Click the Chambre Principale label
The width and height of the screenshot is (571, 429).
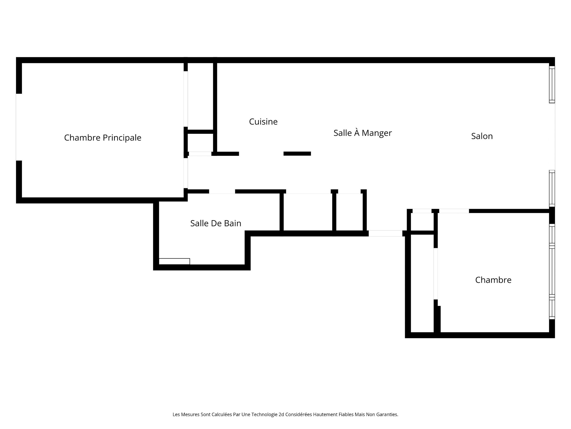click(103, 138)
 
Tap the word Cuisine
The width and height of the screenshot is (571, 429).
click(263, 122)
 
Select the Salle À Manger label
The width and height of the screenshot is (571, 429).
click(363, 133)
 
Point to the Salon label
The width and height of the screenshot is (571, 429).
click(482, 136)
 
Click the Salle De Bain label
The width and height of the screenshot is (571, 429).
click(216, 223)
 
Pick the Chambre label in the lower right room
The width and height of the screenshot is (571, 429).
click(493, 280)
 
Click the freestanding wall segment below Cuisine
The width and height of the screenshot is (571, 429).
click(297, 154)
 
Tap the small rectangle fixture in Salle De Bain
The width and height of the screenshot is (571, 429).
click(174, 261)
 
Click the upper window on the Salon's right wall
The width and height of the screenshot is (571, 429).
click(552, 85)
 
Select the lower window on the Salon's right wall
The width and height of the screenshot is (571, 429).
click(552, 188)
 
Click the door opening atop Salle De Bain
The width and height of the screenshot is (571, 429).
click(222, 192)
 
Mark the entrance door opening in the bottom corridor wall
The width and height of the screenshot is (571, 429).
click(385, 234)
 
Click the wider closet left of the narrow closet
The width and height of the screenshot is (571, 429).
click(308, 212)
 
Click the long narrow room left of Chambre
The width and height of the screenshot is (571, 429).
click(422, 283)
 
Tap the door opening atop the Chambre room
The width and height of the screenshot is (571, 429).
click(454, 211)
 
